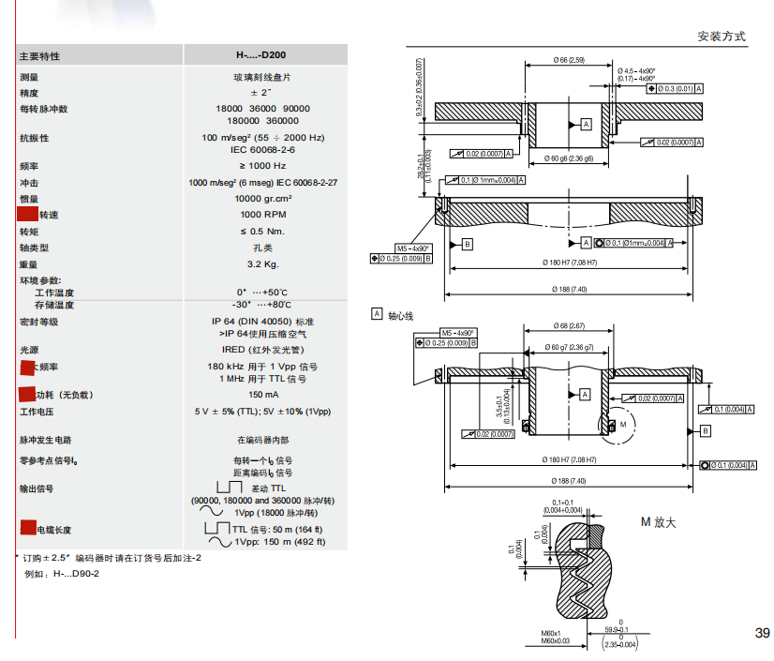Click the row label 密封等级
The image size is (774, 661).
pos(38,322)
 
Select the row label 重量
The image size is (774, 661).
pos(29,264)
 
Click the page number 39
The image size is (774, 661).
pos(762,633)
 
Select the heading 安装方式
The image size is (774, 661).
pos(722,37)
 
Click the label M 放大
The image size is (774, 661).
pos(658,521)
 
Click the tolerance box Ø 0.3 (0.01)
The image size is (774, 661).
pos(674,87)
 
